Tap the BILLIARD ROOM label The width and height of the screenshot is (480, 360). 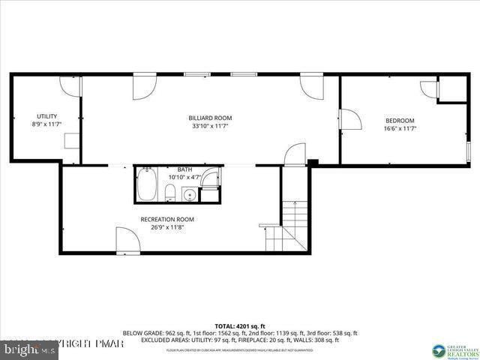tap(210, 118)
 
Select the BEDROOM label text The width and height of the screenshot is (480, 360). tap(400, 121)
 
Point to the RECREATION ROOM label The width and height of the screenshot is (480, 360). tap(167, 219)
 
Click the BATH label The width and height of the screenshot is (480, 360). tap(184, 169)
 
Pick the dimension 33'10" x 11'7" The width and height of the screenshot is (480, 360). tap(210, 126)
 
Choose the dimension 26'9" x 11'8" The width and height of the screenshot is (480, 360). tap(167, 227)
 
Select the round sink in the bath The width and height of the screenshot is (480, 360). tap(190, 195)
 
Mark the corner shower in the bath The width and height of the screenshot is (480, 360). tap(211, 178)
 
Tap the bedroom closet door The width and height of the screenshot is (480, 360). tap(430, 89)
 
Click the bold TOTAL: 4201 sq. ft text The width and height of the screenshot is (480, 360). tap(239, 325)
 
